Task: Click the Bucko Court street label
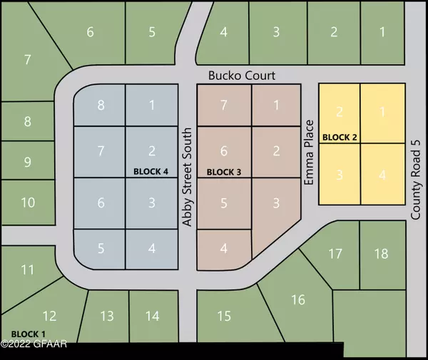click(241, 75)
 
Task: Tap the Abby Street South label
click(187, 178)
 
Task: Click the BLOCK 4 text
click(152, 172)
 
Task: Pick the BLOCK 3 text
click(224, 172)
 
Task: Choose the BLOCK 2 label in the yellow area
click(340, 136)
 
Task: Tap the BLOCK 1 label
click(29, 334)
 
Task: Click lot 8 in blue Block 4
click(101, 106)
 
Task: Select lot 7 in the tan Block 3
click(223, 106)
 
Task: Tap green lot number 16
click(298, 299)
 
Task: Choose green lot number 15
click(224, 316)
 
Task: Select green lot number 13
click(106, 316)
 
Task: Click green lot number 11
click(28, 269)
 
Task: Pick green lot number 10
click(28, 202)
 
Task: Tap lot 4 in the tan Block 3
click(223, 249)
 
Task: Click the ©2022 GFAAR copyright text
click(32, 346)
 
